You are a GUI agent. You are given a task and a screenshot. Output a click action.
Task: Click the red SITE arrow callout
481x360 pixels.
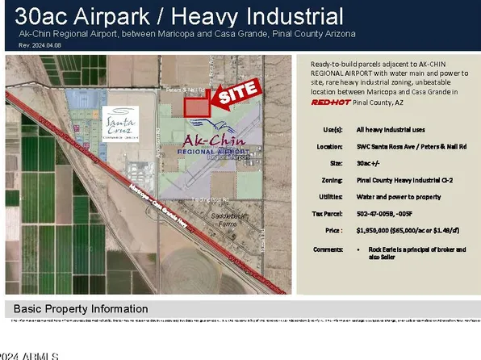click(x=236, y=94)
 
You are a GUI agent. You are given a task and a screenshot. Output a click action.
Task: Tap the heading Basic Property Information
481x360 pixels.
click(x=80, y=309)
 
